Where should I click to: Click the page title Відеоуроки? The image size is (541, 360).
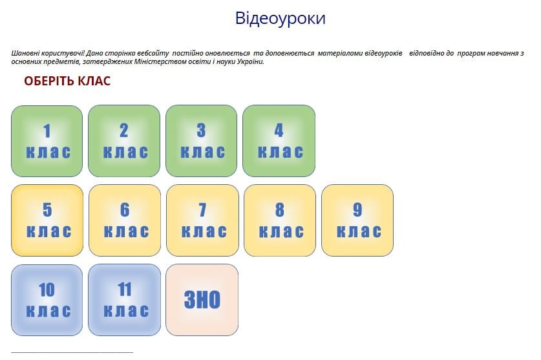click(280, 18)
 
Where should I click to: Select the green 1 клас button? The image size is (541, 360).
click(47, 141)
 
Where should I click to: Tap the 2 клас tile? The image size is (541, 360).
click(124, 141)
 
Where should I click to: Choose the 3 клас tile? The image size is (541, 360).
click(202, 141)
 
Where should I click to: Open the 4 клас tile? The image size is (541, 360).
click(279, 141)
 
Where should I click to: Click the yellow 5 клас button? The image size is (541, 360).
click(47, 220)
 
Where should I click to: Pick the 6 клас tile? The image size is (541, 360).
click(125, 220)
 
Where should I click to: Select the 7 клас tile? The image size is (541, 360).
click(202, 220)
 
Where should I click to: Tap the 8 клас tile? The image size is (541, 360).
click(280, 220)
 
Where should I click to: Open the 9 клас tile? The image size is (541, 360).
click(357, 220)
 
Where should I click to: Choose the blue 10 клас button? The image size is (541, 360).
click(47, 300)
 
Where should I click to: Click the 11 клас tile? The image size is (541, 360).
click(125, 300)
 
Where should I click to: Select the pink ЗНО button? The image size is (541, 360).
click(202, 300)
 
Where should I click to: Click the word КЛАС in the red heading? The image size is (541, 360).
click(94, 81)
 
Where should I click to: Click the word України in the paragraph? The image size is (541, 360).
click(250, 62)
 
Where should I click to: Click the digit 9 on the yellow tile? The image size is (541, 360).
click(357, 210)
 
